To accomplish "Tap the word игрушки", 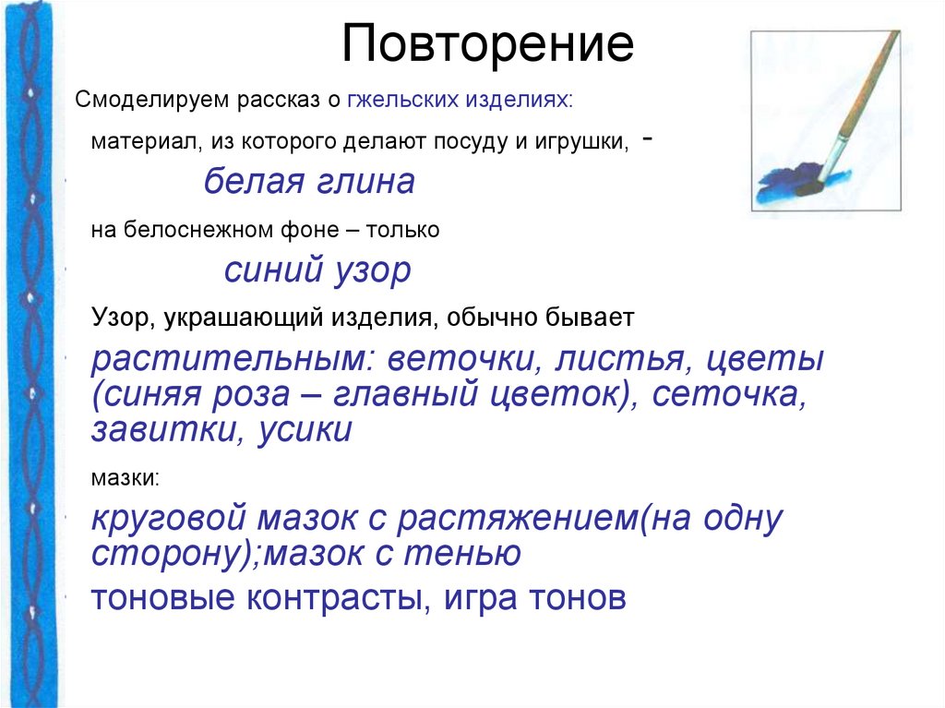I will (x=585, y=142).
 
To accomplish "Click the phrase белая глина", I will (x=308, y=182).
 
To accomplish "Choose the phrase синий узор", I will (x=317, y=270).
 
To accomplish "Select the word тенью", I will (x=469, y=553).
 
